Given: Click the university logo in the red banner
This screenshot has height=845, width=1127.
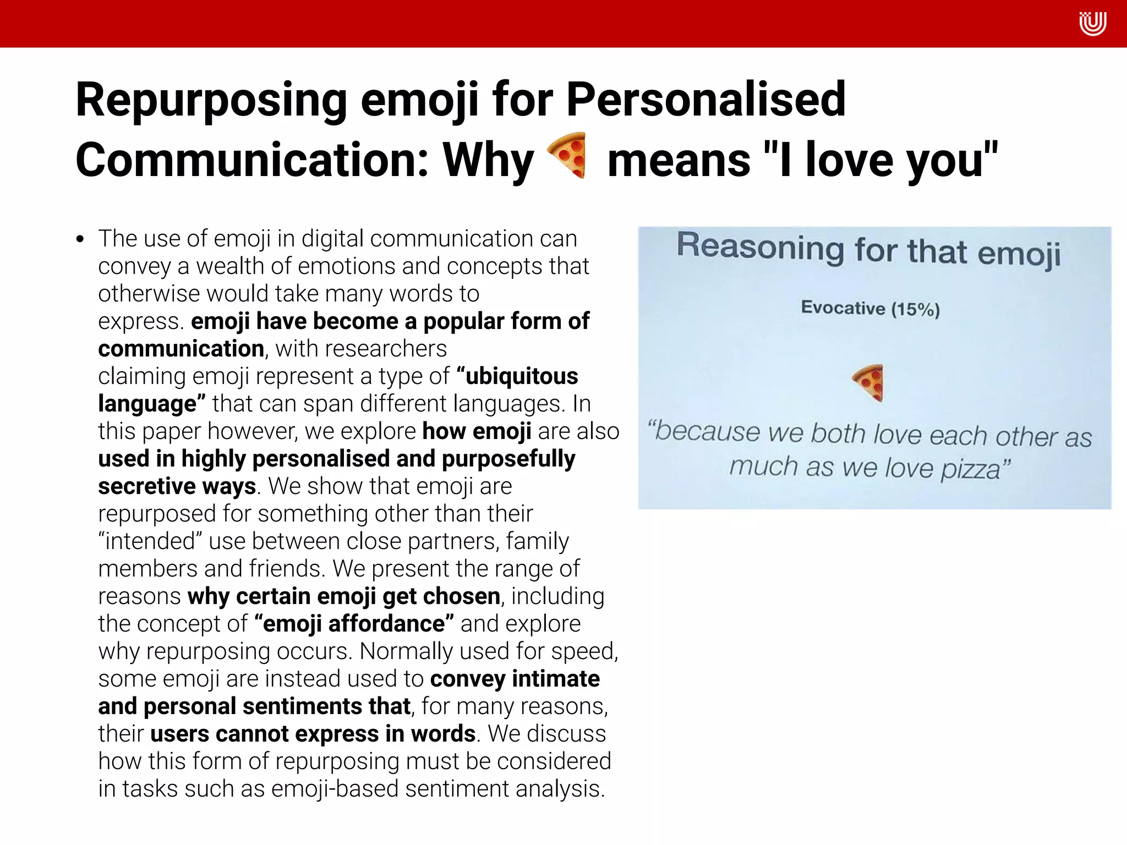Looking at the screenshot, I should click(x=1092, y=24).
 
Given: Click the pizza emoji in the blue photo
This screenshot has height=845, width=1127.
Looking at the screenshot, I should click(x=868, y=383).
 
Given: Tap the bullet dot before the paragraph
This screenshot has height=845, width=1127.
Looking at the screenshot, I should click(x=81, y=239).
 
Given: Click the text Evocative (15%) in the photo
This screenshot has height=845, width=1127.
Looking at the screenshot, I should click(x=870, y=308).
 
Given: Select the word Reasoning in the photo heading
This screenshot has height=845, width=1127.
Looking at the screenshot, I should click(x=760, y=247).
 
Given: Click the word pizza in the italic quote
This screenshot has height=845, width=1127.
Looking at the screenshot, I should click(x=971, y=469).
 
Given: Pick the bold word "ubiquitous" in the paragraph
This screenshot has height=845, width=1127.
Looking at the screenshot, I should click(x=518, y=376).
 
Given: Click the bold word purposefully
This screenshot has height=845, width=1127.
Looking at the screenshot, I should click(x=508, y=459).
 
